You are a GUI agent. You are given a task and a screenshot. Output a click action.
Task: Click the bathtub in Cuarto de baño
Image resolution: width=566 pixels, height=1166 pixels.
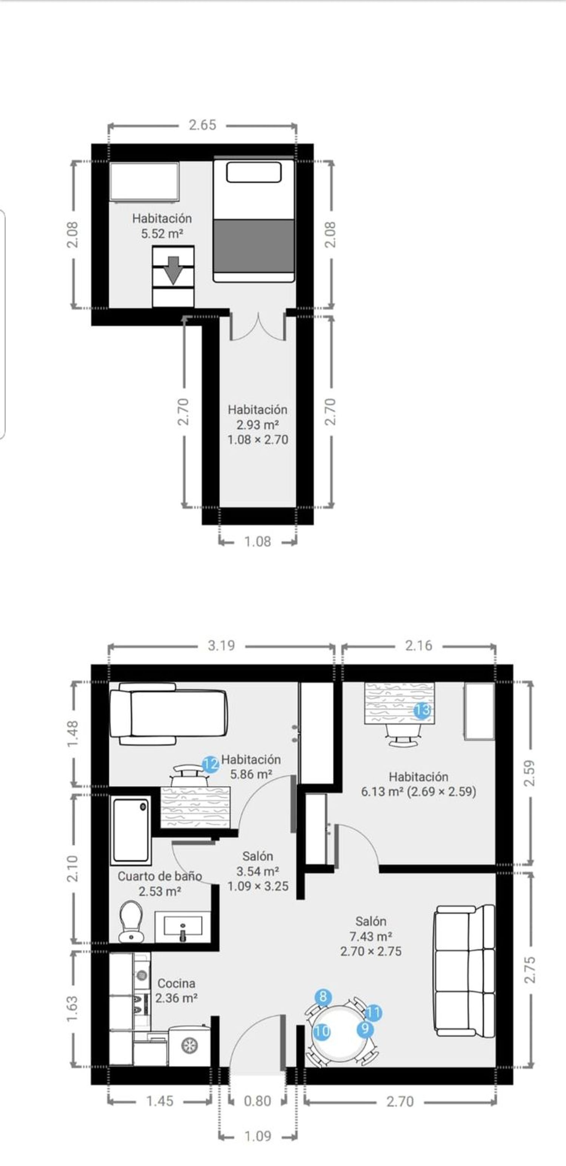click(x=131, y=830)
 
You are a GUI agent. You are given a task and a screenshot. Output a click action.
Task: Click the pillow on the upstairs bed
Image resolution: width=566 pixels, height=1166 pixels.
click(x=254, y=172)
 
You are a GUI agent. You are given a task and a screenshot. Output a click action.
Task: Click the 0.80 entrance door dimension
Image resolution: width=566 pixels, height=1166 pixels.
click(x=257, y=1100)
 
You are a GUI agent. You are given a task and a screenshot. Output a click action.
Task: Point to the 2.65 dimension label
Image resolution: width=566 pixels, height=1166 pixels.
click(x=203, y=125)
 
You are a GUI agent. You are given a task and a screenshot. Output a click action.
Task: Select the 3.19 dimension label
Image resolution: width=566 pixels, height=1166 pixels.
click(x=221, y=645)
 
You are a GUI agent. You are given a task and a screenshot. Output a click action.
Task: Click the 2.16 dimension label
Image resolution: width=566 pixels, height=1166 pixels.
click(x=418, y=645)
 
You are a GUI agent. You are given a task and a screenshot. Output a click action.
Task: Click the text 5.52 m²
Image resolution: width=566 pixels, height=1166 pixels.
click(x=162, y=234)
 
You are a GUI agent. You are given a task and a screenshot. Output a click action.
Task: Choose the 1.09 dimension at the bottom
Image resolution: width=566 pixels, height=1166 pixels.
click(x=258, y=1136)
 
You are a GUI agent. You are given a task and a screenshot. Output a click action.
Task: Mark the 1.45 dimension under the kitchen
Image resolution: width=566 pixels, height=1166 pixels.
click(x=160, y=1101)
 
